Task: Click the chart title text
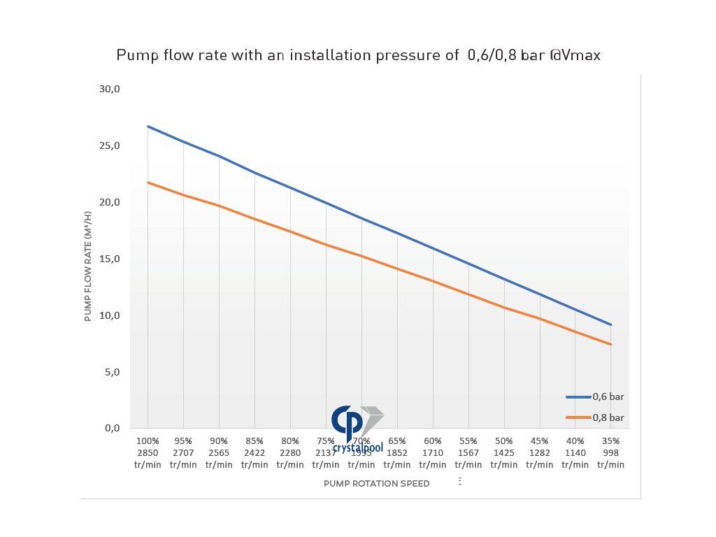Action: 358,55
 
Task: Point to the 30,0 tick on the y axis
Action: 110,89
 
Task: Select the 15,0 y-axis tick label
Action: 110,259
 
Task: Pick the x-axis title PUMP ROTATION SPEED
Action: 376,483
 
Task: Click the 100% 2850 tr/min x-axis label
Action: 148,452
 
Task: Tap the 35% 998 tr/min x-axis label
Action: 610,452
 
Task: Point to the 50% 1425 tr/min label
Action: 503,452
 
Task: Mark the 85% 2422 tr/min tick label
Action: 255,452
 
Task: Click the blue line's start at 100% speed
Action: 148,127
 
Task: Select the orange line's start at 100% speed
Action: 148,182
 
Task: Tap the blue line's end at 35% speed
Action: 611,324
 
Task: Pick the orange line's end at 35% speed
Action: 611,344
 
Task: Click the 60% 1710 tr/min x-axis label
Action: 433,452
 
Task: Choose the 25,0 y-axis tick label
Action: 110,145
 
